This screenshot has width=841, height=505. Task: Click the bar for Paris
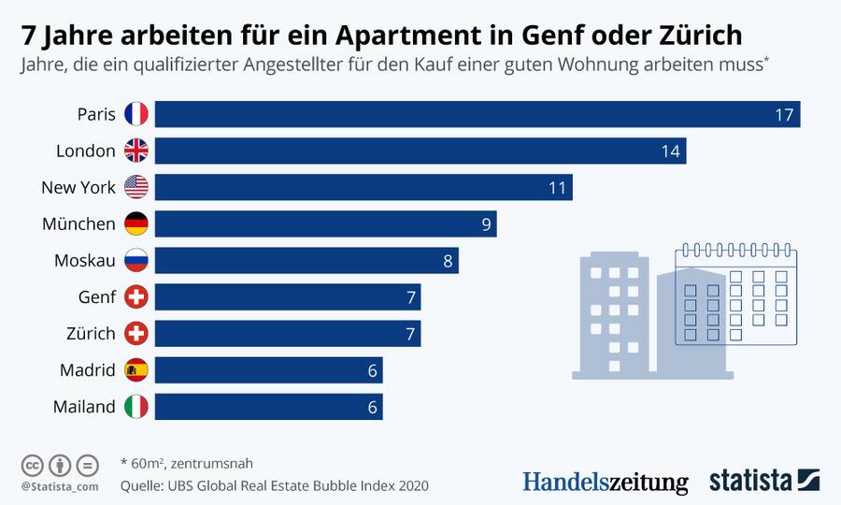pyautogui.click(x=477, y=114)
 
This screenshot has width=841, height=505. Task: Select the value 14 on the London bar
pyautogui.click(x=670, y=151)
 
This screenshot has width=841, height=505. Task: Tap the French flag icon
pyautogui.click(x=136, y=114)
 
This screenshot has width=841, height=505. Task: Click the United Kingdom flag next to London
pyautogui.click(x=136, y=151)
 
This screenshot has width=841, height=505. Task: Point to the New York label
pyautogui.click(x=78, y=187)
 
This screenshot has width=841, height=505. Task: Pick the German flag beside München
pyautogui.click(x=136, y=224)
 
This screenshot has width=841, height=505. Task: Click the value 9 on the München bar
pyautogui.click(x=486, y=224)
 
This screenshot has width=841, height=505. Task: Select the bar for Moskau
pyautogui.click(x=306, y=260)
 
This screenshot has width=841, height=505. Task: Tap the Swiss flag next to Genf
pyautogui.click(x=136, y=297)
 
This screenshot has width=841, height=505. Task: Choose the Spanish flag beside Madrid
pyautogui.click(x=136, y=370)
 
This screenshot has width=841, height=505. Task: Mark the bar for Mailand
pyautogui.click(x=269, y=407)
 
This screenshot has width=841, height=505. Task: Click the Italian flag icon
pyautogui.click(x=136, y=407)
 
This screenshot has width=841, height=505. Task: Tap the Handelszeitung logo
pyautogui.click(x=605, y=482)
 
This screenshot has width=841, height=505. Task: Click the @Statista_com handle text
pyautogui.click(x=59, y=486)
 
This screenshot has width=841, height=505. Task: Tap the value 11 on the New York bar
pyautogui.click(x=558, y=188)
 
